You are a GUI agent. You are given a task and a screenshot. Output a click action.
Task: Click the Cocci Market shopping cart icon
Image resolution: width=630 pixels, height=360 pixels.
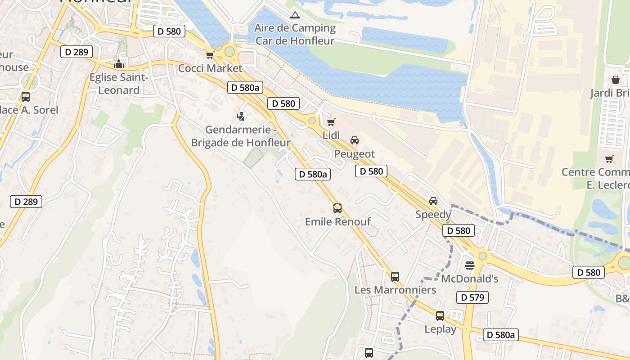210,55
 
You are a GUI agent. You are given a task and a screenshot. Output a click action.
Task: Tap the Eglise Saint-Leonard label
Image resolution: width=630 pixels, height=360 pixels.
119,84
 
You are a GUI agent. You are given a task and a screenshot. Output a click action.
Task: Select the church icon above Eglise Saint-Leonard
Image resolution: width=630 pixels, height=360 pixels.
119,64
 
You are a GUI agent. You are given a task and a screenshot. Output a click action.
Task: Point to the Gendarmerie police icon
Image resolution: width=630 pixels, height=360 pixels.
241,117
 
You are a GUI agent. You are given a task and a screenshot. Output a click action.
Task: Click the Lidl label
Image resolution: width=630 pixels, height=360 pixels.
331,135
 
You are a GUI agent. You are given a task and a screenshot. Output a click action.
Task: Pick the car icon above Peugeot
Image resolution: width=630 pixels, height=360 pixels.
355,140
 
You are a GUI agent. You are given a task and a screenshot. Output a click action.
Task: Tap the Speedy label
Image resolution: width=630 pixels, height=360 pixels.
433,214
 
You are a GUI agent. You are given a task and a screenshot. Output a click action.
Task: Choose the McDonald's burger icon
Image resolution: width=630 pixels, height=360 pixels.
470,265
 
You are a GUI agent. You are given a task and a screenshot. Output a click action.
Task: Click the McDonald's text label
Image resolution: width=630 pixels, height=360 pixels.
470,279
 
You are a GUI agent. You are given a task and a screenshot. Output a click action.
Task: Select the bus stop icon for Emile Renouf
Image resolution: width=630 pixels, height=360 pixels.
337,208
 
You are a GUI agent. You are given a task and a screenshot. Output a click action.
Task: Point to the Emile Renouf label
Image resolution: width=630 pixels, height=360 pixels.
337,221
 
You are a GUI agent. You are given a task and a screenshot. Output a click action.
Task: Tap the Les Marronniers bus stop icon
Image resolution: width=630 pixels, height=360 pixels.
395,277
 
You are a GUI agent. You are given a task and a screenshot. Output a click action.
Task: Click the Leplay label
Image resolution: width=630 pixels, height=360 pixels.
440,329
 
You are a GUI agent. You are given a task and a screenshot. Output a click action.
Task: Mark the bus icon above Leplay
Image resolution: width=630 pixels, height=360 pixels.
440,316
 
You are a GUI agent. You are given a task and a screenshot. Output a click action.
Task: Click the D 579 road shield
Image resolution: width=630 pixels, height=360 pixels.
472,297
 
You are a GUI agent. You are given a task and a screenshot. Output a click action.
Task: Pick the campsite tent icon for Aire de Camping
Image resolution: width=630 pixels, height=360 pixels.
295,15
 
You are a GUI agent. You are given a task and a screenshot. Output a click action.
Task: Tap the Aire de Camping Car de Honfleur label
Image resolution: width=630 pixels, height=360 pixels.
295,34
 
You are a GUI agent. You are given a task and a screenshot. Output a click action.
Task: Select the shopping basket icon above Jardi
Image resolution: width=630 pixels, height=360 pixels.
616,80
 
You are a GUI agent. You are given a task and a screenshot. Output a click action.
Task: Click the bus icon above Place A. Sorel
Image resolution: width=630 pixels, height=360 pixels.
26,96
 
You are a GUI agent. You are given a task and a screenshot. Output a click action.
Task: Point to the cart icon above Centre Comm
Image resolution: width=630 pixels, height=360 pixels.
609,159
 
